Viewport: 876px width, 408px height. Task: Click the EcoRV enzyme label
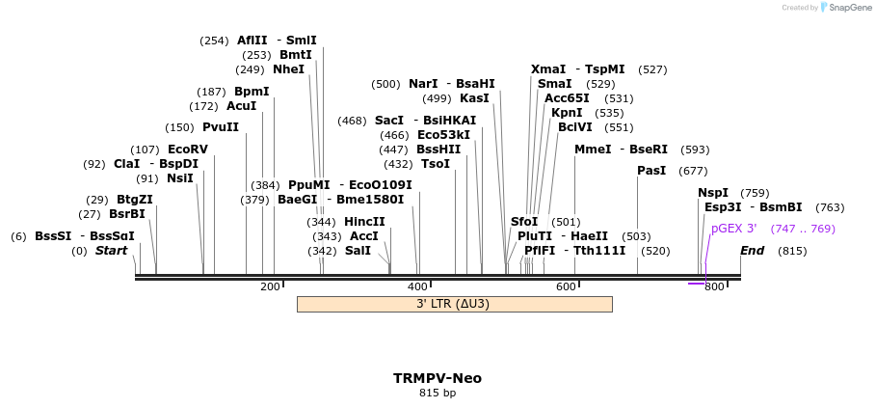click(187, 150)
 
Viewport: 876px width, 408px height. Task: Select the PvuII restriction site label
click(220, 127)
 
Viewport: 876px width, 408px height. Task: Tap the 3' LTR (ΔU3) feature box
click(454, 304)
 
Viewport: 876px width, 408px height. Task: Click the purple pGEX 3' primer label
click(733, 229)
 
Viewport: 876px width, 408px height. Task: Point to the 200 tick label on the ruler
click(270, 286)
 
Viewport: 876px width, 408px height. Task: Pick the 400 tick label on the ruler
click(417, 286)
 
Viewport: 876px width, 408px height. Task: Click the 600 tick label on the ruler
click(566, 286)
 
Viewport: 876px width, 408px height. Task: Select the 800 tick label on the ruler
click(713, 286)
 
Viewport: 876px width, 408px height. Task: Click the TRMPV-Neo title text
click(438, 378)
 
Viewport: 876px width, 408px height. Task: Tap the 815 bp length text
click(438, 394)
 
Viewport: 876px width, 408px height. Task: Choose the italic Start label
click(111, 251)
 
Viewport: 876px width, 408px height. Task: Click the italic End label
click(753, 251)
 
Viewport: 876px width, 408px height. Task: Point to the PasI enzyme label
click(651, 171)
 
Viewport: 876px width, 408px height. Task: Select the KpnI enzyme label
click(567, 113)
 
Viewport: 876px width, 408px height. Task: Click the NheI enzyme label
click(288, 69)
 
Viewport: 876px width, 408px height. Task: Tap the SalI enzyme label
click(358, 251)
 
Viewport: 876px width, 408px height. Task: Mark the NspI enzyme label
click(713, 193)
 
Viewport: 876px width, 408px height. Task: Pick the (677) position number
click(693, 171)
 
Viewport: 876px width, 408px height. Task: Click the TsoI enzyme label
click(436, 164)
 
